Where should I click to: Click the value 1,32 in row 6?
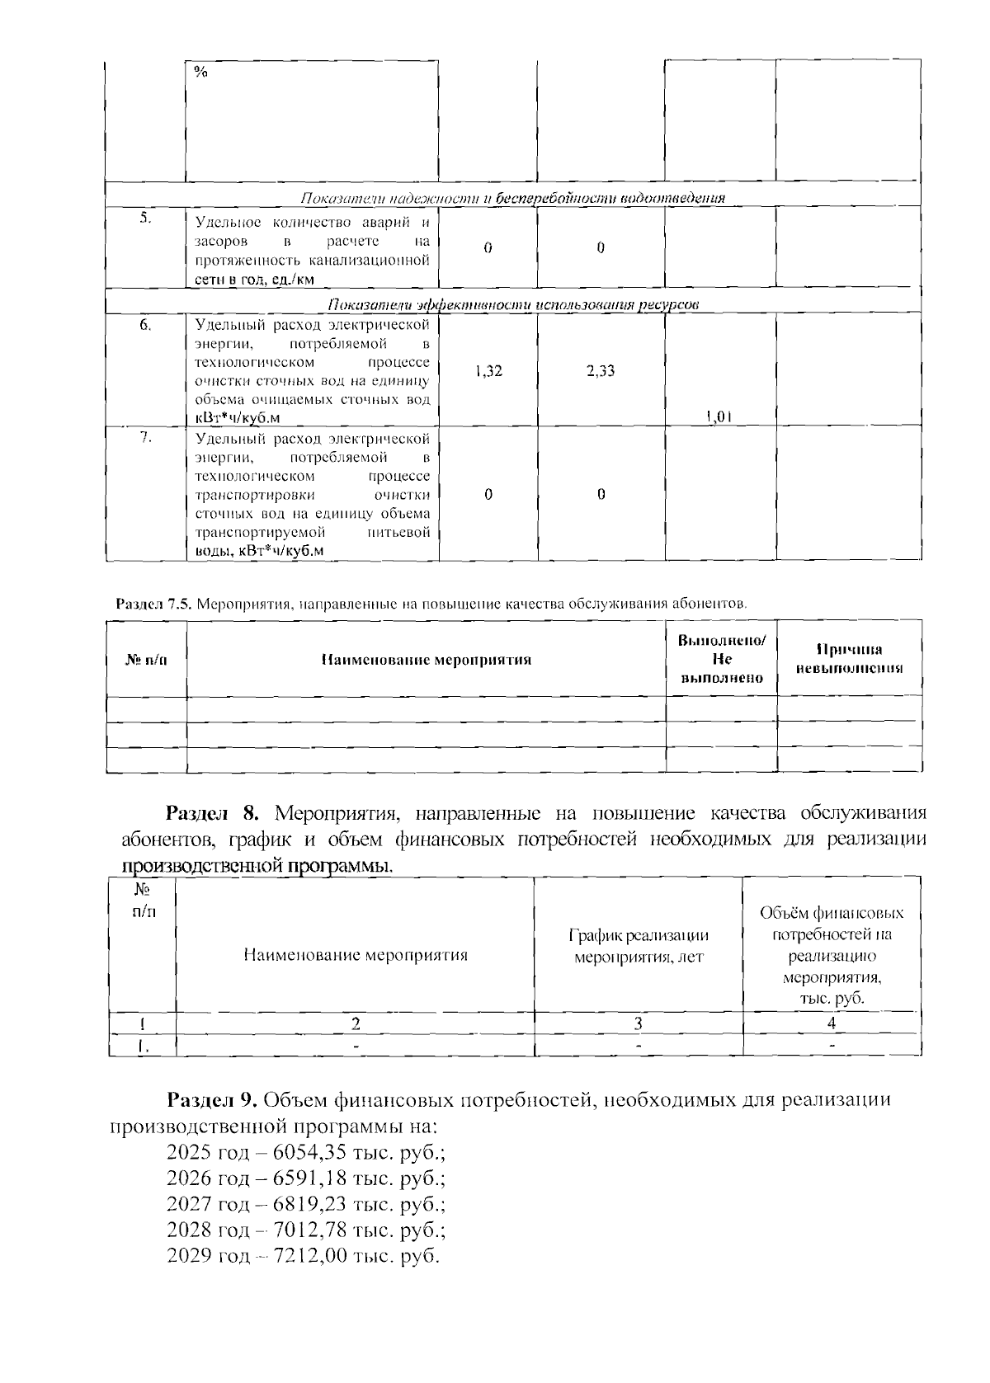pyautogui.click(x=488, y=371)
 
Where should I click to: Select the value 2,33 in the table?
pyautogui.click(x=601, y=371)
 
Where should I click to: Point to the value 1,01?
pyautogui.click(x=719, y=417)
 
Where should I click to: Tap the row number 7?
pyautogui.click(x=145, y=438)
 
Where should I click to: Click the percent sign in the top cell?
pyautogui.click(x=200, y=72)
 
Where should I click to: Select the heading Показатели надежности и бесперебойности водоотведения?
pyautogui.click(x=511, y=198)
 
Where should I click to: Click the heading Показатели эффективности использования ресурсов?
pyautogui.click(x=513, y=305)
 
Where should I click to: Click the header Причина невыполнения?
pyautogui.click(x=849, y=659)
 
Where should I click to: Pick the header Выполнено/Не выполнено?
pyautogui.click(x=721, y=659)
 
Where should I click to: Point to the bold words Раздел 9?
pyautogui.click(x=214, y=1100)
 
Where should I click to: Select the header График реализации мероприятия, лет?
pyautogui.click(x=639, y=946)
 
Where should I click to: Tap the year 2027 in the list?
pyautogui.click(x=190, y=1205)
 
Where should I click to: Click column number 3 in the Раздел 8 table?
pyautogui.click(x=638, y=1023)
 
